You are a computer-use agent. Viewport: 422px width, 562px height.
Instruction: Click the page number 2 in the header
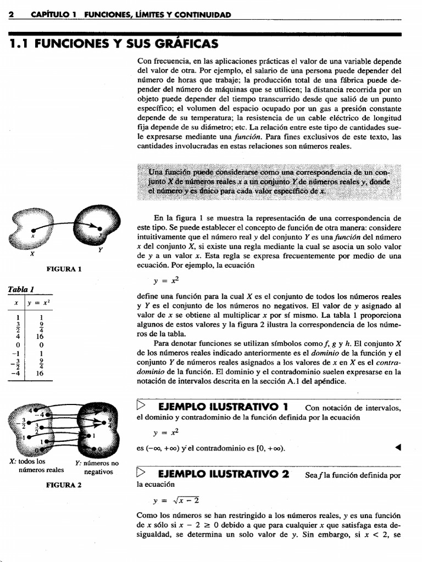click(10, 15)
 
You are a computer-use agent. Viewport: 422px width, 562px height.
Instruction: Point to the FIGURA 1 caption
click(64, 269)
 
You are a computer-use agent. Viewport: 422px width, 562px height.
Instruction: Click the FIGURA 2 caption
click(64, 485)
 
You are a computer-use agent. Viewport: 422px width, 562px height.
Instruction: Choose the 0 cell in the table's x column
click(18, 345)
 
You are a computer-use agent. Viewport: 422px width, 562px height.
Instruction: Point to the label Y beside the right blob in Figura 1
click(100, 250)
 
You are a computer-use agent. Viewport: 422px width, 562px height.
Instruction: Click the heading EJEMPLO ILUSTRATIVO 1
click(223, 407)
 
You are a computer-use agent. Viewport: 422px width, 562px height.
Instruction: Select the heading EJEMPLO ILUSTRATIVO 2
click(223, 474)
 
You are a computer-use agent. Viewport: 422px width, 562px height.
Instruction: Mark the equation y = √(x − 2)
click(177, 500)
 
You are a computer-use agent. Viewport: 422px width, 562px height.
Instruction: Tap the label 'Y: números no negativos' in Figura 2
click(97, 467)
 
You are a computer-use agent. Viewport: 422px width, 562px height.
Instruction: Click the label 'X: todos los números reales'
click(36, 465)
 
